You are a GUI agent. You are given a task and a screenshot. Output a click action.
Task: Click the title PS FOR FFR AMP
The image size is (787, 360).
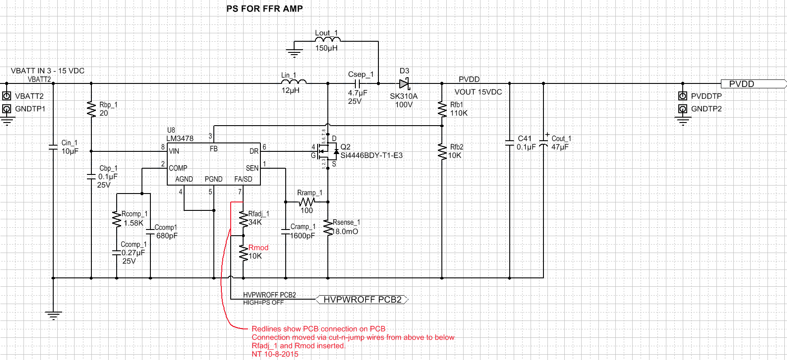coord(264,9)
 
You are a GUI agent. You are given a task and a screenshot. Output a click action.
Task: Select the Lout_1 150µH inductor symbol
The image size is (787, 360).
coord(328,40)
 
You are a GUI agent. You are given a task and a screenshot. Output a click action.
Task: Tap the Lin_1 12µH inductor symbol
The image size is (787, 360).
coord(294,82)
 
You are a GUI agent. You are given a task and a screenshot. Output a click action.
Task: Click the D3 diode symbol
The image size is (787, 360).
coord(404,83)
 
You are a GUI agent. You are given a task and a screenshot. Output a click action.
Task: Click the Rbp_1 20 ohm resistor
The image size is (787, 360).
coord(91,109)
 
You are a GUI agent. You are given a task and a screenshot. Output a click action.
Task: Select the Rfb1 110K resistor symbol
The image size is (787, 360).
coord(442,109)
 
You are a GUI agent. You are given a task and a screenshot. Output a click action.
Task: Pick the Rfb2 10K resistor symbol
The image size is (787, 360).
coord(442,151)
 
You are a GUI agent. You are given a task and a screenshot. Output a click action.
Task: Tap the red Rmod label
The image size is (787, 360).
coord(258,248)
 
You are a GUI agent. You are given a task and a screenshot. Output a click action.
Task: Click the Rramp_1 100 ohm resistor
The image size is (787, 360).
coord(307,202)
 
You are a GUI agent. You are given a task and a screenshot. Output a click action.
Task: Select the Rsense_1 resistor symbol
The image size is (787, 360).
coord(328,227)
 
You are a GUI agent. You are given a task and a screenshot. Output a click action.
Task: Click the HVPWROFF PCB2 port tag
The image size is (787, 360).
coord(362,300)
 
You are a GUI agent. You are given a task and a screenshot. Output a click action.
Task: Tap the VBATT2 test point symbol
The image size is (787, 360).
coord(7,96)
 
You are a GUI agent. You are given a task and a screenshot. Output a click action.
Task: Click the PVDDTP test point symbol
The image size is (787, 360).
coord(683,96)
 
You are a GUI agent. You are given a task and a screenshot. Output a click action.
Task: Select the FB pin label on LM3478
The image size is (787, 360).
coord(214,149)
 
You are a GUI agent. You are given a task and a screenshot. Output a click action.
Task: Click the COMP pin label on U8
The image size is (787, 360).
coord(178,168)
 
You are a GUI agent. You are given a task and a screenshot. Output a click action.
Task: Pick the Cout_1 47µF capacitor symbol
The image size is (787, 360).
coord(543,142)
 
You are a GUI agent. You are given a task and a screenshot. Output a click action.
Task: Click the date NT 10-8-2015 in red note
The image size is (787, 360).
coord(275,354)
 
